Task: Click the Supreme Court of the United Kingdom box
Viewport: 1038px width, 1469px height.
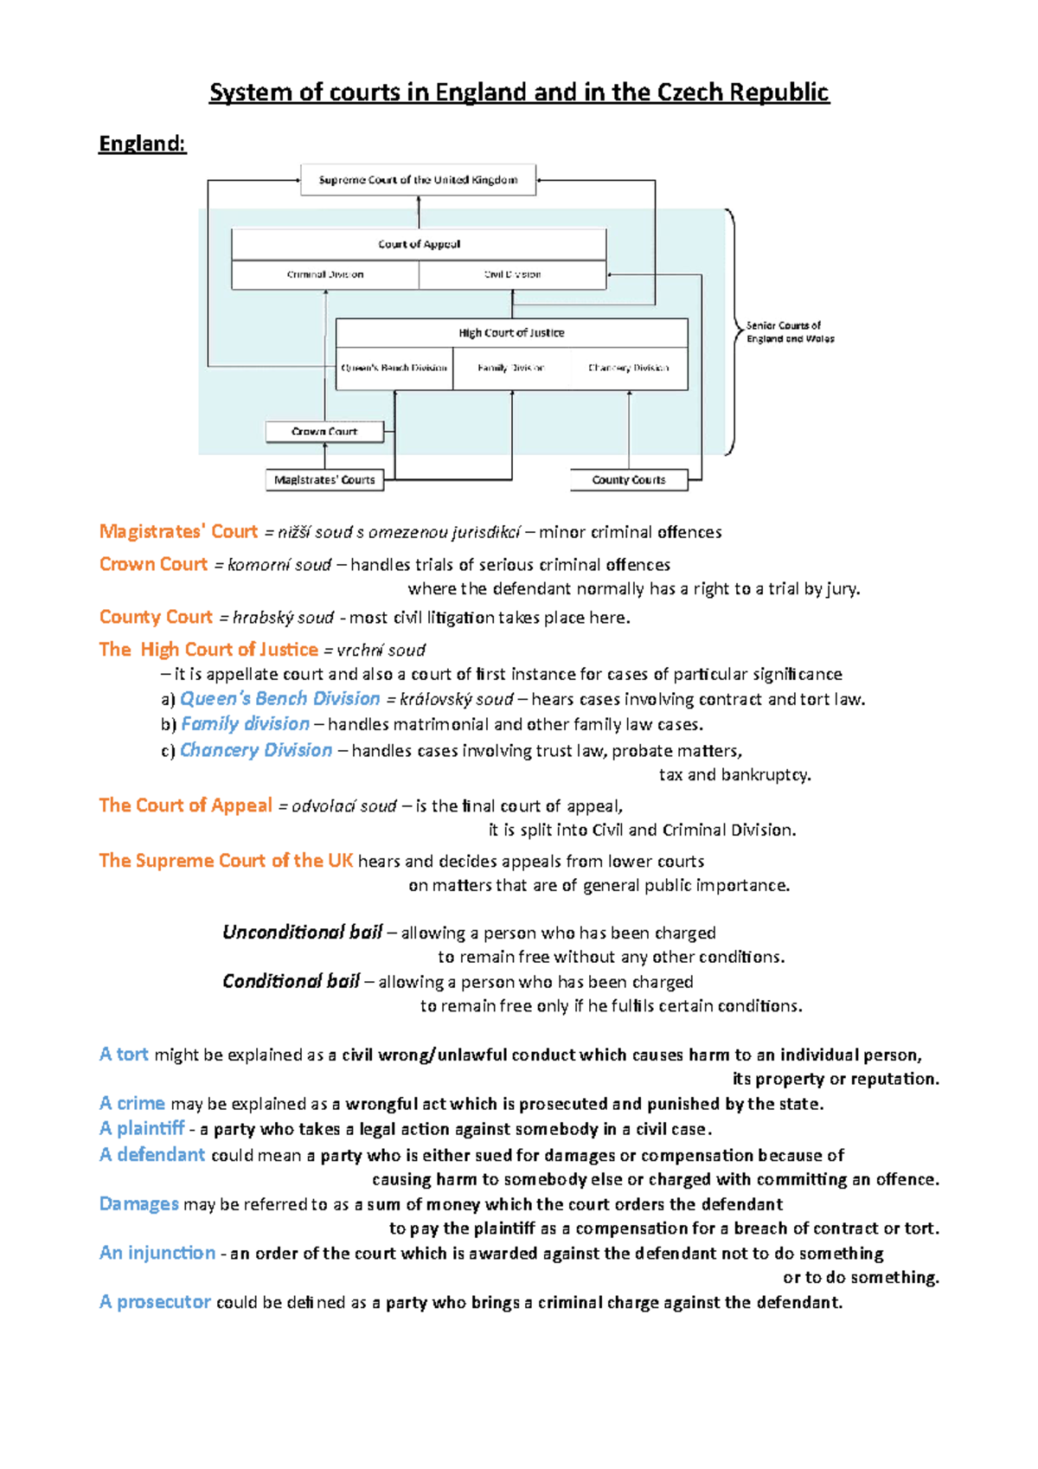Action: [x=418, y=180]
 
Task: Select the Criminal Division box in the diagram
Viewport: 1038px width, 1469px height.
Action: [x=325, y=274]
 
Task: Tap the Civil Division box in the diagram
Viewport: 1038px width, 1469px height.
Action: [x=512, y=274]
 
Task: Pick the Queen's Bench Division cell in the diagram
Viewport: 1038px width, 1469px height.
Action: [x=394, y=368]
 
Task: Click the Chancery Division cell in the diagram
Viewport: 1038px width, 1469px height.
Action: [x=629, y=368]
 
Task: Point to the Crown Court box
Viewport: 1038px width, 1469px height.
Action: [x=324, y=431]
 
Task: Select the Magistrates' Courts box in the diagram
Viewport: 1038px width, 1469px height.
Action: [x=324, y=479]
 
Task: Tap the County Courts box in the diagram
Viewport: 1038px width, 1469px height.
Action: [x=629, y=479]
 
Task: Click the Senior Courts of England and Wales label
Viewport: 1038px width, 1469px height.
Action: [x=790, y=332]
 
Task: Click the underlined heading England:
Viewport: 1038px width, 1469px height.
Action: [x=142, y=144]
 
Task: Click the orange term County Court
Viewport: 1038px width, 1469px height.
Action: [x=156, y=617]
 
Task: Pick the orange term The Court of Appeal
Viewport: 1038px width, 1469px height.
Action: [x=185, y=805]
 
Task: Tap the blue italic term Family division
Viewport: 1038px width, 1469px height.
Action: [x=245, y=724]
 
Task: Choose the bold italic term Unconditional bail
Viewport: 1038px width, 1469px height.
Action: [x=302, y=932]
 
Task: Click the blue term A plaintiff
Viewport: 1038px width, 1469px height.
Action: [x=142, y=1128]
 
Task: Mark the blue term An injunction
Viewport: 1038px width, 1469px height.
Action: [x=157, y=1253]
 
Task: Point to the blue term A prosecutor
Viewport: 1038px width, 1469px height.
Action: [x=155, y=1302]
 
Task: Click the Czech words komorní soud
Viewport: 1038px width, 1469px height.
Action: [x=279, y=565]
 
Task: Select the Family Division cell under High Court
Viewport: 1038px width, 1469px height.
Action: [x=511, y=368]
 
